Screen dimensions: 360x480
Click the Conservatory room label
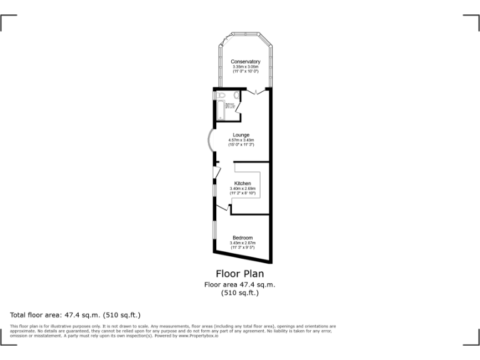click(245, 61)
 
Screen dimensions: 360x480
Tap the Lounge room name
click(241, 135)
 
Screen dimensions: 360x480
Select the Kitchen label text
click(242, 184)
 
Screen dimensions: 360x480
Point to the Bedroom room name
click(242, 237)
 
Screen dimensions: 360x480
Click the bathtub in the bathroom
click(221, 109)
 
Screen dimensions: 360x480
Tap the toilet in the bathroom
click(222, 96)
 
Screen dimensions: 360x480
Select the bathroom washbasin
click(238, 95)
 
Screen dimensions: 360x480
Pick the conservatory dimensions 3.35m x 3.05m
click(245, 67)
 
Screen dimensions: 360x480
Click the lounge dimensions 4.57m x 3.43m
click(241, 140)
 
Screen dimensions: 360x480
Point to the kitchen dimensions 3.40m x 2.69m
click(242, 189)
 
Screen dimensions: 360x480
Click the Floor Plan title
click(239, 273)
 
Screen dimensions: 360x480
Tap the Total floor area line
click(76, 315)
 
